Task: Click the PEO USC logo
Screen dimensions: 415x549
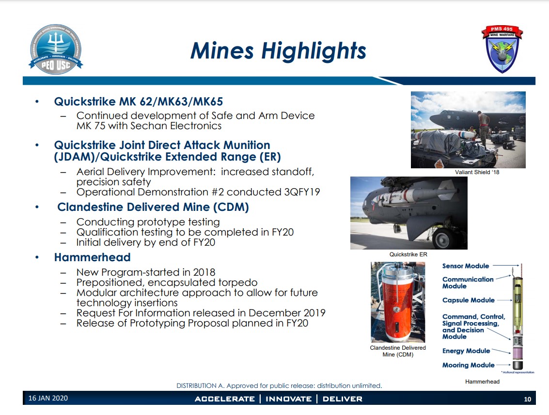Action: coord(56,49)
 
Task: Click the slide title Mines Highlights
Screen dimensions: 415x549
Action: coord(278,51)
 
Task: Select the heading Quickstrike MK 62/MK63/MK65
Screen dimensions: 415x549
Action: coord(138,102)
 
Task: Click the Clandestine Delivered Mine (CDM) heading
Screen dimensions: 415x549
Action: coord(153,207)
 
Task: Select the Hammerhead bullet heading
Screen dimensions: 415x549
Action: coord(92,257)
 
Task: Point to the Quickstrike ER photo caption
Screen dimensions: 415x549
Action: coord(408,254)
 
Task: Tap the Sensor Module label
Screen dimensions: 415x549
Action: coord(466,266)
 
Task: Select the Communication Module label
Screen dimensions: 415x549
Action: coord(468,282)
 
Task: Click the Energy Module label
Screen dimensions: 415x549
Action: coord(466,351)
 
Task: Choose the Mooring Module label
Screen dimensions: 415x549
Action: coord(468,365)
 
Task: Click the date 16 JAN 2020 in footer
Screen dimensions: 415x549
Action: coord(48,399)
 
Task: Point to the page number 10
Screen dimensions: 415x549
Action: coord(528,399)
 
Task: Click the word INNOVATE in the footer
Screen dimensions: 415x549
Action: coord(288,399)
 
